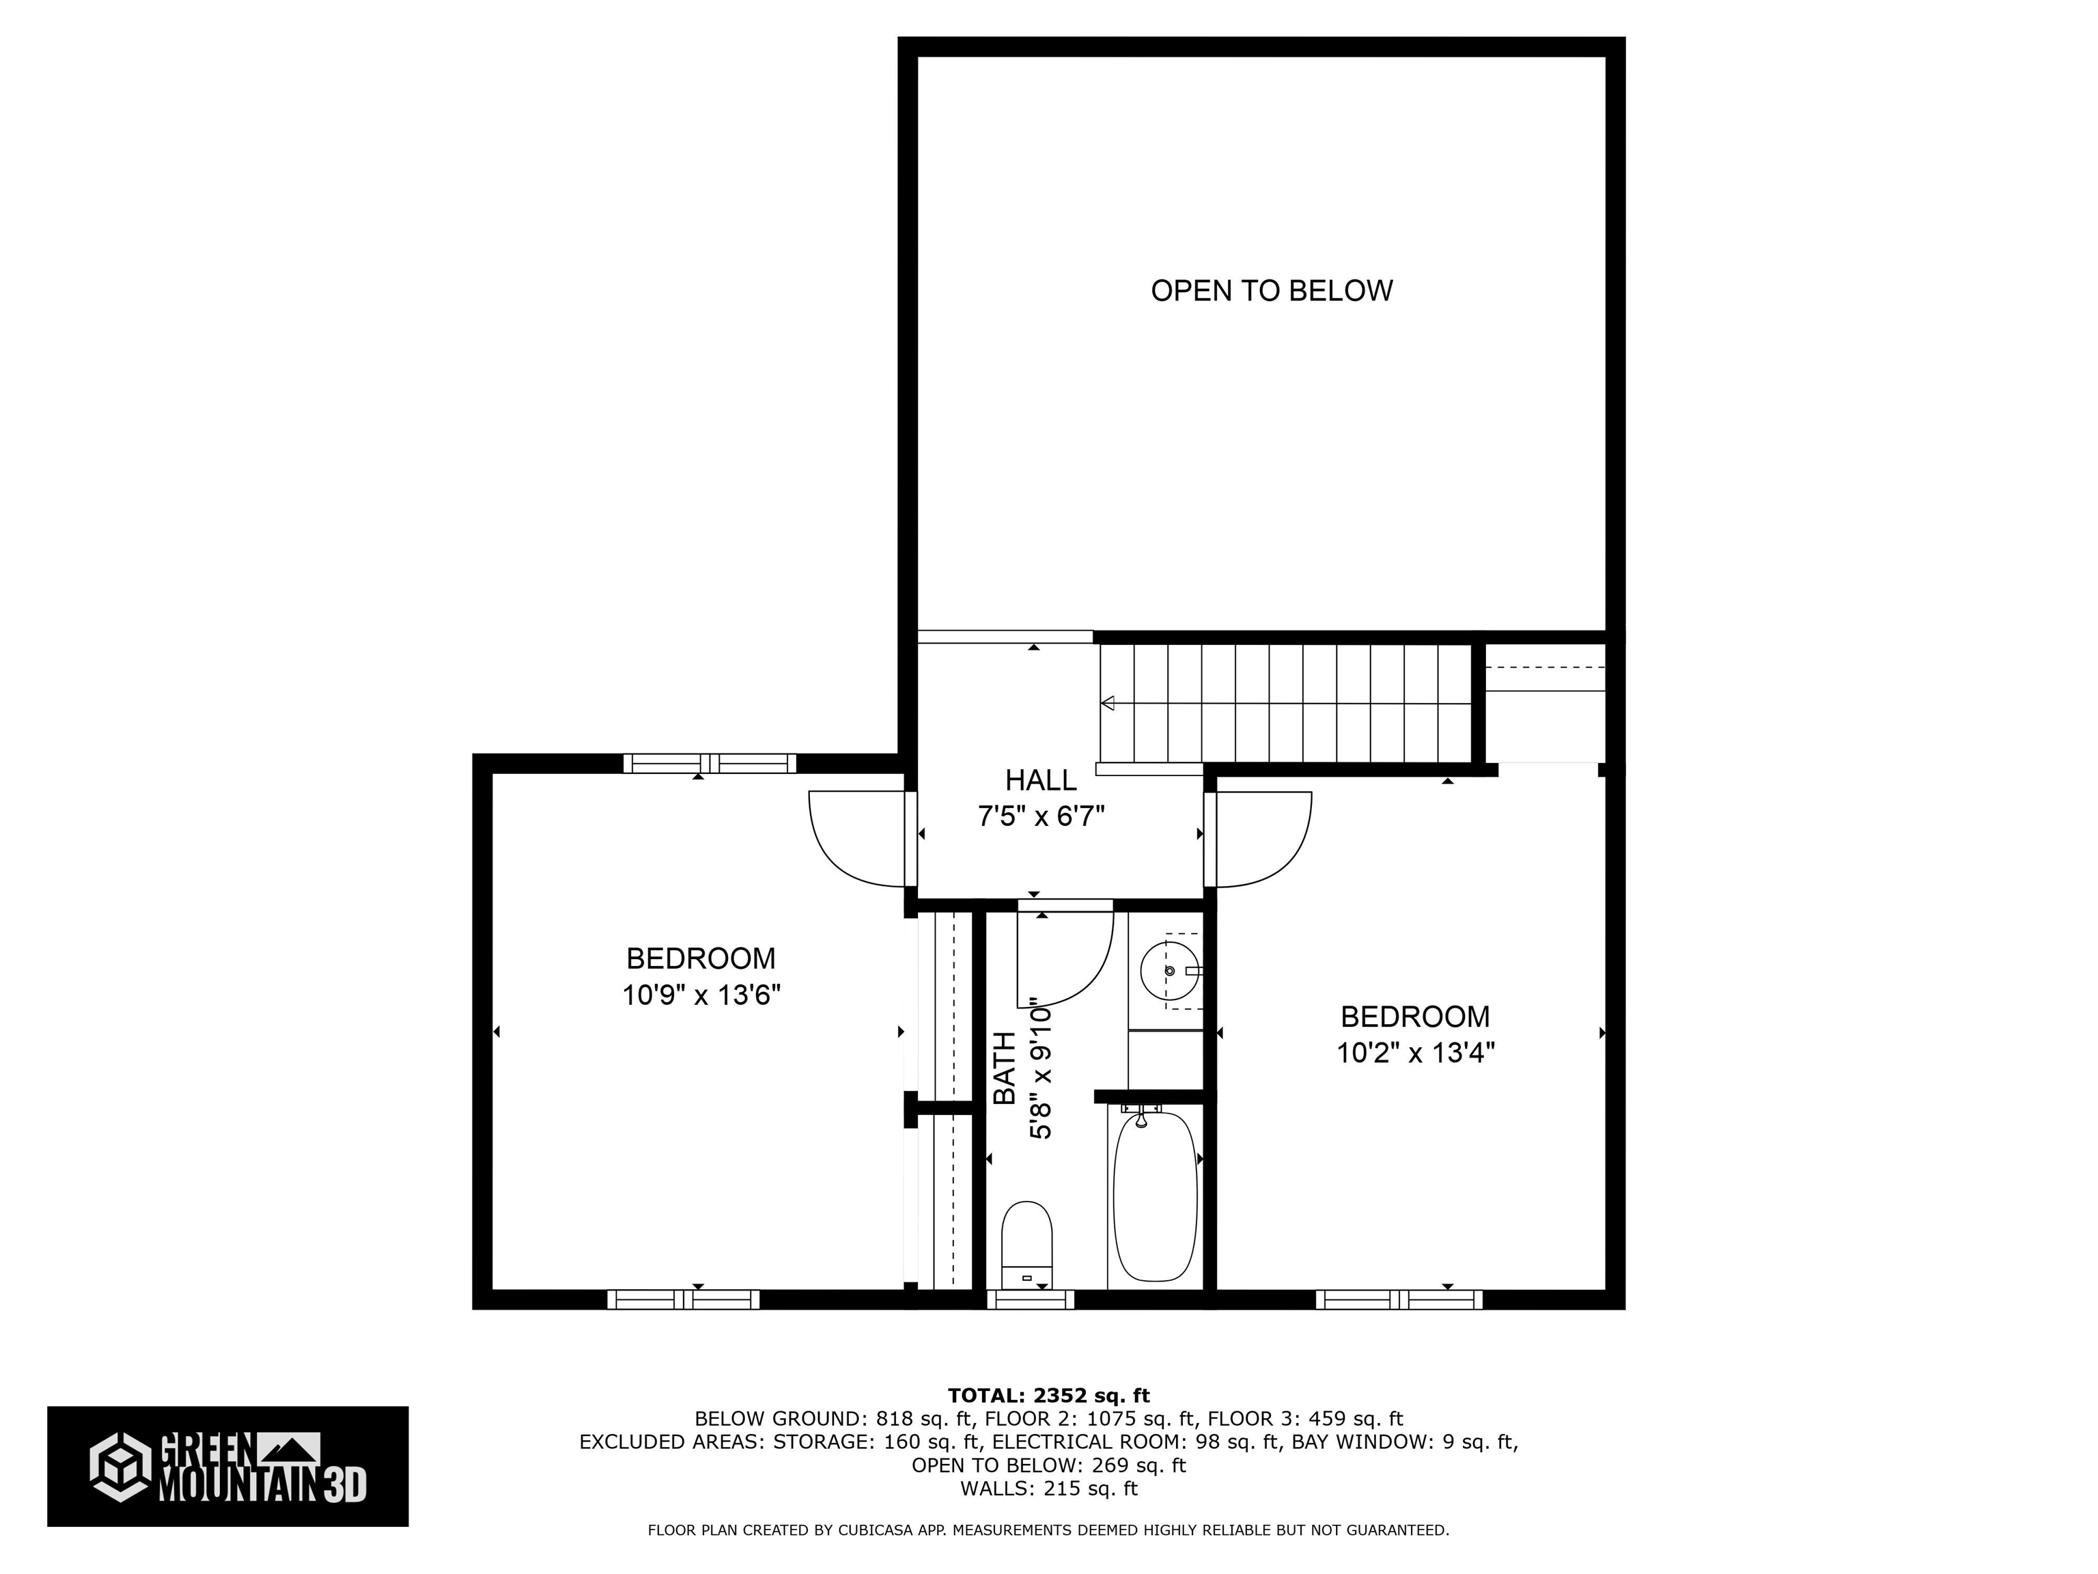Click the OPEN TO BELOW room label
click(1271, 290)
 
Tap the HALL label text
click(1041, 780)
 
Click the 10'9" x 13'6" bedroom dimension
click(701, 995)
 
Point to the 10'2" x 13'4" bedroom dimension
click(1415, 1053)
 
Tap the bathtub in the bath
click(1153, 1198)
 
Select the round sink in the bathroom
click(1169, 971)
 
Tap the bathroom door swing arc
click(1067, 959)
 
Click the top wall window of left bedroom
click(710, 763)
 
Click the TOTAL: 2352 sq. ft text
click(1048, 1395)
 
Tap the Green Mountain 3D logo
click(227, 1466)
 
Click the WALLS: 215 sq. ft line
click(1048, 1489)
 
